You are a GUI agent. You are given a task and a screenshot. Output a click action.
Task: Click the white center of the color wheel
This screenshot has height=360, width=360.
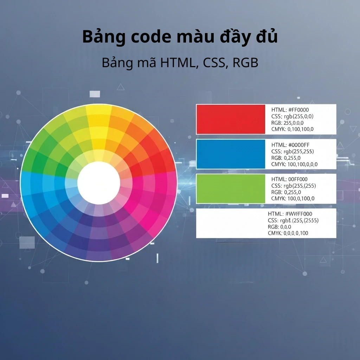pyautogui.click(x=99, y=182)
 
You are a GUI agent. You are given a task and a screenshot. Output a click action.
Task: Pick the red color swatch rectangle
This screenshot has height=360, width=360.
pyautogui.click(x=231, y=119)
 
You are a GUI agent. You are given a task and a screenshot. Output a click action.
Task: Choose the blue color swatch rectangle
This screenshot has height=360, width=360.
pyautogui.click(x=231, y=154)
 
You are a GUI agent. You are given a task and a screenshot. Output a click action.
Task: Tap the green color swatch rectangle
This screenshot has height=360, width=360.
pyautogui.click(x=231, y=188)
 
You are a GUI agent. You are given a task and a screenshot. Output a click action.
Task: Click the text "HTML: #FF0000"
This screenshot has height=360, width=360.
pyautogui.click(x=290, y=110)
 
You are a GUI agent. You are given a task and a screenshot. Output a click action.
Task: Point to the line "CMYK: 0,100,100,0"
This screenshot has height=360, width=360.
pyautogui.click(x=292, y=129)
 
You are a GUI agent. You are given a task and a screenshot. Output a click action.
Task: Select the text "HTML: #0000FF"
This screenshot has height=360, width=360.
pyautogui.click(x=290, y=144)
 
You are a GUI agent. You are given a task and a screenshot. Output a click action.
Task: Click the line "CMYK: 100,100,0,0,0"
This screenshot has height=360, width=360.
pyautogui.click(x=294, y=164)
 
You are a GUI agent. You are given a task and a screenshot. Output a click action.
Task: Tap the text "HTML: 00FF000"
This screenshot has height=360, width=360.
pyautogui.click(x=289, y=179)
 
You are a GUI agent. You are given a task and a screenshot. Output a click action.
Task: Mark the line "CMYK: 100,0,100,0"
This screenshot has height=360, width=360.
pyautogui.click(x=293, y=199)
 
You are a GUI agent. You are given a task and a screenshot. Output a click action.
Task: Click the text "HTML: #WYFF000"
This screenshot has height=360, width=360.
pyautogui.click(x=290, y=214)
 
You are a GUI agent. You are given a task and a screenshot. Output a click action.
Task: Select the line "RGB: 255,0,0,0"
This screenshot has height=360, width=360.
pyautogui.click(x=288, y=123)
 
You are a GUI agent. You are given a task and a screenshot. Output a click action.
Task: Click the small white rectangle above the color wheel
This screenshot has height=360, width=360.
pyautogui.click(x=95, y=94)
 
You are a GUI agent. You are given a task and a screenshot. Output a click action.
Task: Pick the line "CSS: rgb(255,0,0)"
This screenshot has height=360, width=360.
pyautogui.click(x=292, y=116)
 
